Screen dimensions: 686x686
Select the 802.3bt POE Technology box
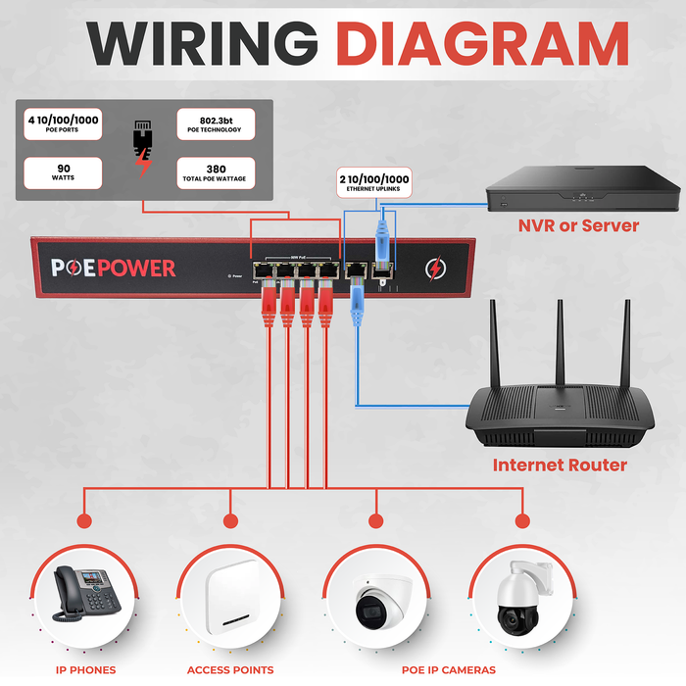[215, 124]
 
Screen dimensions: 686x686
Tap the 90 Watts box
[62, 173]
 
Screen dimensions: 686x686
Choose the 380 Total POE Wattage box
[215, 173]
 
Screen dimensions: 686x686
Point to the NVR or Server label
[578, 226]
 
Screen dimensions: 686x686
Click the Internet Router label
[560, 465]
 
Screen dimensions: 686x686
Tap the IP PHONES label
[85, 670]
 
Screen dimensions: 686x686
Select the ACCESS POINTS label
[230, 670]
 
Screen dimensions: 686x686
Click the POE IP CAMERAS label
[448, 670]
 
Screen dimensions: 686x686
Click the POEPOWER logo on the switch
[114, 269]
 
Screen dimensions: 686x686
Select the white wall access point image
[231, 601]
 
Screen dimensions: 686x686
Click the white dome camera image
[377, 601]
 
